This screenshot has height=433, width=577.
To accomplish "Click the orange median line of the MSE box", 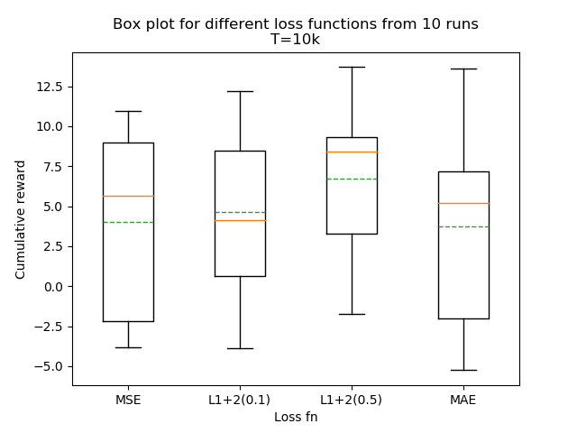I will (x=128, y=196).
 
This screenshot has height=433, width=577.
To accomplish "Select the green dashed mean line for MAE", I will (x=463, y=226).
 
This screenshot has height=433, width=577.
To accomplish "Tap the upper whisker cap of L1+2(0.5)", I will (x=352, y=67).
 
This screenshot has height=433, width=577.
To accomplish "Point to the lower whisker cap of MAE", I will (x=463, y=370).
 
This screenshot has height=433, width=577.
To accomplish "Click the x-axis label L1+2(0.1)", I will (x=240, y=400).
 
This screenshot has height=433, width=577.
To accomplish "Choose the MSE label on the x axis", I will (x=128, y=400).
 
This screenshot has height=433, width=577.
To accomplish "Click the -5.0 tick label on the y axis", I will (x=50, y=366).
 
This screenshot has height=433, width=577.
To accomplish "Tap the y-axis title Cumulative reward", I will (x=21, y=219).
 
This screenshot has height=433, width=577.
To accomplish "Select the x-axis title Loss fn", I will (x=296, y=417).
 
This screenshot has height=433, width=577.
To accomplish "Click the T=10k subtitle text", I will (x=296, y=40).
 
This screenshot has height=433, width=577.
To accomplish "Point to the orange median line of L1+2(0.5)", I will (x=352, y=152).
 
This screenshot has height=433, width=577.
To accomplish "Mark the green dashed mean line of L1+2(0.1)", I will (x=240, y=212).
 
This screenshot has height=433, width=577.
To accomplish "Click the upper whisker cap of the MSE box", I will (x=128, y=111).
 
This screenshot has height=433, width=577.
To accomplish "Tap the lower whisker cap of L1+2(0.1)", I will (x=240, y=348).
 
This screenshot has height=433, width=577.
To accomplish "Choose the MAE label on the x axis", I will (x=463, y=400).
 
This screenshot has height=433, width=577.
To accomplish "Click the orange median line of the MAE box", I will (x=463, y=203).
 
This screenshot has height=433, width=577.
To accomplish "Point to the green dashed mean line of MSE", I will (x=128, y=222).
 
